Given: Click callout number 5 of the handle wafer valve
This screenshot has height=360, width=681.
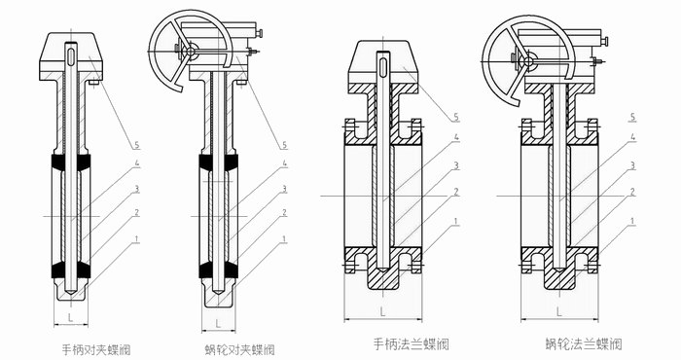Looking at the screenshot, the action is pos(137,145).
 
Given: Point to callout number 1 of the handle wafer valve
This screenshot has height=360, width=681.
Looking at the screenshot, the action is pos(137,238).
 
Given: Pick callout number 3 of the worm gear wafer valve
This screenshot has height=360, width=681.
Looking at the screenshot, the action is pos(284,189).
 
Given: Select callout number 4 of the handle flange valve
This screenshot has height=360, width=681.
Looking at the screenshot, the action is pos(456,137).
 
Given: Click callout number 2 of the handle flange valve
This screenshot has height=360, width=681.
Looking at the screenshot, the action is pos(456,192).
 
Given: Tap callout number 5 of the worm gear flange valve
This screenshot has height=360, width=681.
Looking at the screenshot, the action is pos(632,117).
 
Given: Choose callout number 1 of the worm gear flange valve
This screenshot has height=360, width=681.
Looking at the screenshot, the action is pos(632,222).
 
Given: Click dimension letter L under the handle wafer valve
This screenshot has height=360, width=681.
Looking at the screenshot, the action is pos(70,317).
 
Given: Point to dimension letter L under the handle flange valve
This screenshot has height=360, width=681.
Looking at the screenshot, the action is pos(382,311).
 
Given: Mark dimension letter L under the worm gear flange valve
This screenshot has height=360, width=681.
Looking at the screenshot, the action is pos(559,311).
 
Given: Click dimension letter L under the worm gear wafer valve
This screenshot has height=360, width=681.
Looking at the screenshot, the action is pos(218,324).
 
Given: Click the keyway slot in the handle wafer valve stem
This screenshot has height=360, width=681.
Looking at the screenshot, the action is pos(71,56).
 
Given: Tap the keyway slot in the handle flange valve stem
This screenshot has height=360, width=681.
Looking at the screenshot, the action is pos(382,67).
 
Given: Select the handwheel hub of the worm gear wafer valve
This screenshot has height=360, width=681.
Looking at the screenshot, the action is pos(190,52).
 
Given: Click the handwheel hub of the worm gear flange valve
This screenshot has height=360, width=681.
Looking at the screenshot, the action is pos(528,61).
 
